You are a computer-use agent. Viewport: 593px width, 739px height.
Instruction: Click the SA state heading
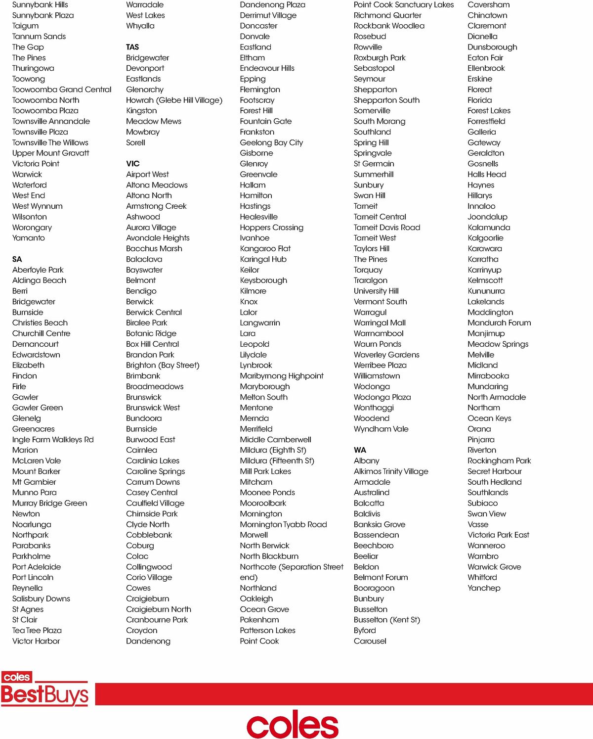[x=17, y=259]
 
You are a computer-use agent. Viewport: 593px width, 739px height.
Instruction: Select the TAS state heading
[x=132, y=47]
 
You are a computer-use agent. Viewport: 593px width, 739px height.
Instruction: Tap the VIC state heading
[x=133, y=164]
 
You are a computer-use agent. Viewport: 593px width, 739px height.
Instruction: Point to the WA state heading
[x=360, y=450]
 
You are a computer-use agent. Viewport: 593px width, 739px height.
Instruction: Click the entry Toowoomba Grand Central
[x=62, y=90]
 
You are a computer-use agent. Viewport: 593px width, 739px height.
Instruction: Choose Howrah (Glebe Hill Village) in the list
[x=174, y=100]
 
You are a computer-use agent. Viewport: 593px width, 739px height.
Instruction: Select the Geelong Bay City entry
[x=271, y=142]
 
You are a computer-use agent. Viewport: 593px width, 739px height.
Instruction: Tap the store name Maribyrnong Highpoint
[x=282, y=376]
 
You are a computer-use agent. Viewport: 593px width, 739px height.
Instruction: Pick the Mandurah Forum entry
[x=499, y=323]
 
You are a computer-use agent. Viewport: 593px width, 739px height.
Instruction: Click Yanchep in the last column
[x=484, y=588]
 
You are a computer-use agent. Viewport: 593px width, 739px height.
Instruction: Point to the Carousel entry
[x=370, y=641]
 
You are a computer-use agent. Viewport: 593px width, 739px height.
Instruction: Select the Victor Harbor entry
[x=36, y=641]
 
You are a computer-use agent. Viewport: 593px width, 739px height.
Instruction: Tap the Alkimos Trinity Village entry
[x=391, y=471]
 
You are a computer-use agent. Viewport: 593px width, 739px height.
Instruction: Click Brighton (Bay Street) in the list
[x=163, y=365]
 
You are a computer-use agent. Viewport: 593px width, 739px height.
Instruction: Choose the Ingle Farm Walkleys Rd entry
[x=53, y=439]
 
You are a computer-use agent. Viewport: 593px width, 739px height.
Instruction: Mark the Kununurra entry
[x=486, y=291]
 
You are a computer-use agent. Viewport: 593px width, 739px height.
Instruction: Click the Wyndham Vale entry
[x=381, y=429]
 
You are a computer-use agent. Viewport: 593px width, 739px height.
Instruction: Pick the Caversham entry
[x=489, y=5]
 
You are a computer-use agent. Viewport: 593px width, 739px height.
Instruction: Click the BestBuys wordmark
[x=44, y=694]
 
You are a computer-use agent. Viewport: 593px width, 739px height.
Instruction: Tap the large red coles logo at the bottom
[x=293, y=724]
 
